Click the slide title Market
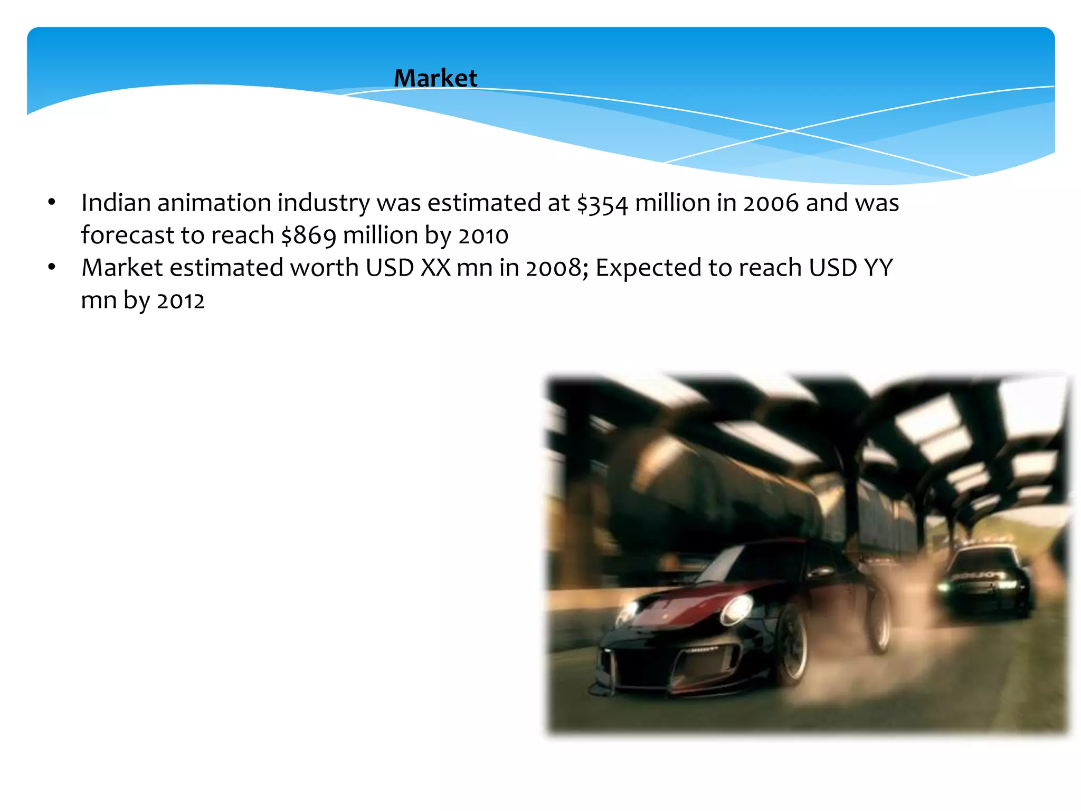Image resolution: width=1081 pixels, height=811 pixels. coord(435,78)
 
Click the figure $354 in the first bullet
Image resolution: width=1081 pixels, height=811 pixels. coord(602,204)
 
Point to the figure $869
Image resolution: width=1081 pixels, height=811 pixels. coord(308,236)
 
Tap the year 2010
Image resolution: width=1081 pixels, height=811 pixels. coord(483,236)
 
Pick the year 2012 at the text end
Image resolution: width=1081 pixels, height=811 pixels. coord(181,301)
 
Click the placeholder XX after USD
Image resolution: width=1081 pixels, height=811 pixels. coord(435,268)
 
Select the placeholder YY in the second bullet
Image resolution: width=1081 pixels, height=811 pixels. coord(878,268)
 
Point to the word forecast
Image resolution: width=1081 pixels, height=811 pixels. coord(127,235)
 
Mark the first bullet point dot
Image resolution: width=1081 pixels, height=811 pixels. coord(51,202)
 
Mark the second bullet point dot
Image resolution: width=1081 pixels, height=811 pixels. coord(51,267)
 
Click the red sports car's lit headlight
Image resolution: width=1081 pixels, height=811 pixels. coord(737,609)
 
